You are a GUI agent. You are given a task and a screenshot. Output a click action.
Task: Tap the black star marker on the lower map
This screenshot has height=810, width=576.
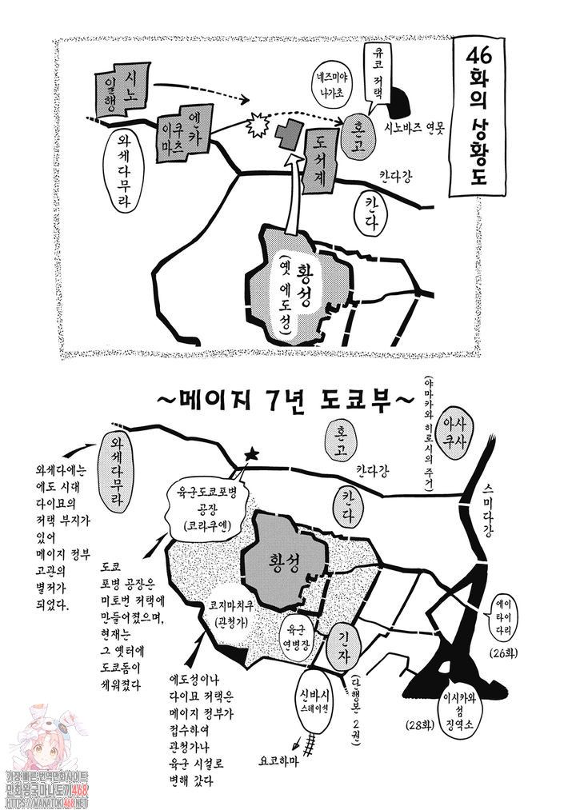[252, 454]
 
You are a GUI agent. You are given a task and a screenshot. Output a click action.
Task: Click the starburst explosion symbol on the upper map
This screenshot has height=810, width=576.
[258, 125]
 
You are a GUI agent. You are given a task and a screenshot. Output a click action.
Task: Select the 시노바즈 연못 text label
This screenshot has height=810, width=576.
[414, 126]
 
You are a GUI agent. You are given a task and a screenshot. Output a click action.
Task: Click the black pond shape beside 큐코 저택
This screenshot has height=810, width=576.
[400, 102]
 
